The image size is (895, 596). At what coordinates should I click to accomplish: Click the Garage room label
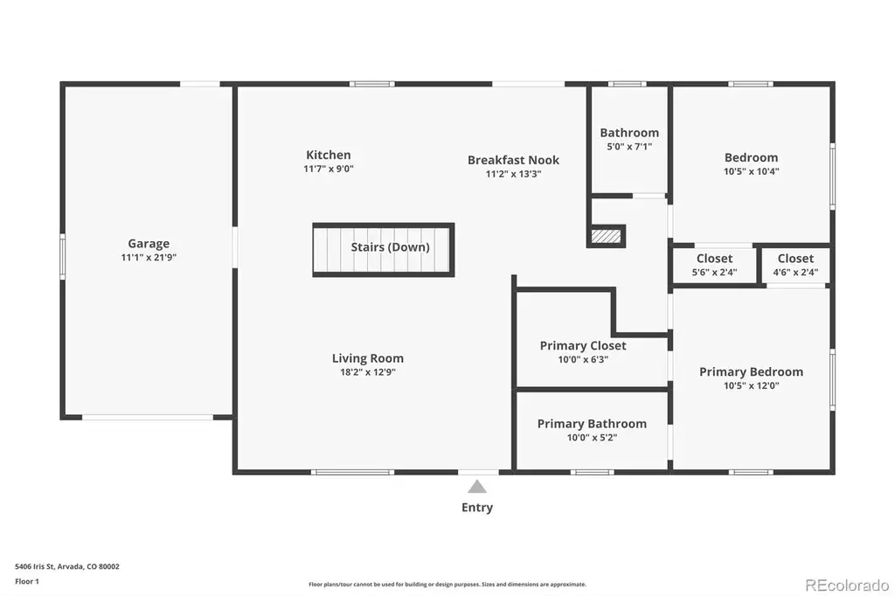coord(149,244)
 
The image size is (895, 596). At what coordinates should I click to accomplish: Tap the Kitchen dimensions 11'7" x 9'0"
coord(329,169)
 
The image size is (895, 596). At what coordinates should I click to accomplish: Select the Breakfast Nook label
coord(513,161)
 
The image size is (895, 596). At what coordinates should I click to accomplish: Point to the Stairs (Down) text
coord(390,247)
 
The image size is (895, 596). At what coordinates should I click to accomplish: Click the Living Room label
coord(368,358)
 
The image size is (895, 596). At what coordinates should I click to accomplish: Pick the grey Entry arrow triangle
coord(477,487)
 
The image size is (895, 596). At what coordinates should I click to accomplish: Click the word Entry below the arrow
coord(477,508)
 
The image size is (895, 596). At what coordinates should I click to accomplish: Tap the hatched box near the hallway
coord(606,236)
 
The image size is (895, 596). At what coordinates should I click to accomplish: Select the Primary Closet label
coord(583,346)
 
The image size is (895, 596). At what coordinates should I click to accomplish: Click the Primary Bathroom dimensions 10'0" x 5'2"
coord(592,438)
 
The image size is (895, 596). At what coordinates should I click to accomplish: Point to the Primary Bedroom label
coord(751,372)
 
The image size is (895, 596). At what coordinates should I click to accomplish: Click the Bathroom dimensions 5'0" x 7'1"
coord(629,147)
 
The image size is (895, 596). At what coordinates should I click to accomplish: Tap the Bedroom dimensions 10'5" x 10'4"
coord(751,171)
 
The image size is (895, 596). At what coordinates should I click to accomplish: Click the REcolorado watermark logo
coord(847,586)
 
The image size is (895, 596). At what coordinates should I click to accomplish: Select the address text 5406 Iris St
coord(34,567)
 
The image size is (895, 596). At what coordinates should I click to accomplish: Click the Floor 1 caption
coord(27,582)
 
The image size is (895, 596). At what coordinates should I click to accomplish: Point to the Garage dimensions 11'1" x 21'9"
coord(149,258)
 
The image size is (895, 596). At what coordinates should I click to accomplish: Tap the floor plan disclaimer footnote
coord(447,585)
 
